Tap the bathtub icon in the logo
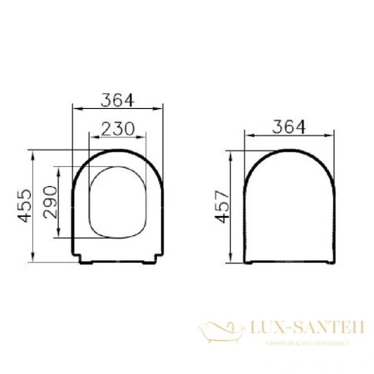click(219, 333)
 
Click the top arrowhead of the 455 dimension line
click(31, 153)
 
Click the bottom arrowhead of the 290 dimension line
click(60, 238)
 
